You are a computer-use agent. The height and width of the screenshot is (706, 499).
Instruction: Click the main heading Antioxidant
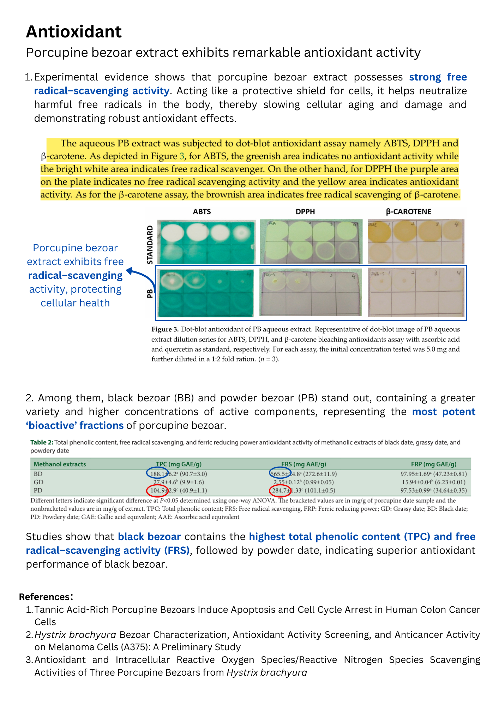click(74, 32)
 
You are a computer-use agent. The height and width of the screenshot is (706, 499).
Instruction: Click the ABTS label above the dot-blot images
click(202, 212)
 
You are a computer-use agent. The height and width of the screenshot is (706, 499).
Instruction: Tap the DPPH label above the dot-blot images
click(305, 212)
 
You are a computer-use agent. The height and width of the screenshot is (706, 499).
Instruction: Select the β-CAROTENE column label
click(408, 212)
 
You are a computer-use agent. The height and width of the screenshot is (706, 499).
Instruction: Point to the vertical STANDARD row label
click(150, 245)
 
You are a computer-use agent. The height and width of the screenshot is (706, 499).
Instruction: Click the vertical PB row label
click(150, 293)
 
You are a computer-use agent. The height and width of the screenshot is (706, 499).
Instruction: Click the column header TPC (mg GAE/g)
click(179, 464)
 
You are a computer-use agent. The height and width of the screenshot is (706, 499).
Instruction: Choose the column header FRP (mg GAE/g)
click(433, 464)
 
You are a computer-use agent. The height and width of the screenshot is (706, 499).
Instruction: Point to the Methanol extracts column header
click(60, 464)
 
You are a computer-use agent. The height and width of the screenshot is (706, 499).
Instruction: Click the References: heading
click(46, 597)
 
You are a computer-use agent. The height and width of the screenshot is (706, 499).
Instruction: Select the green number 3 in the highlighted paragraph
click(182, 156)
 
